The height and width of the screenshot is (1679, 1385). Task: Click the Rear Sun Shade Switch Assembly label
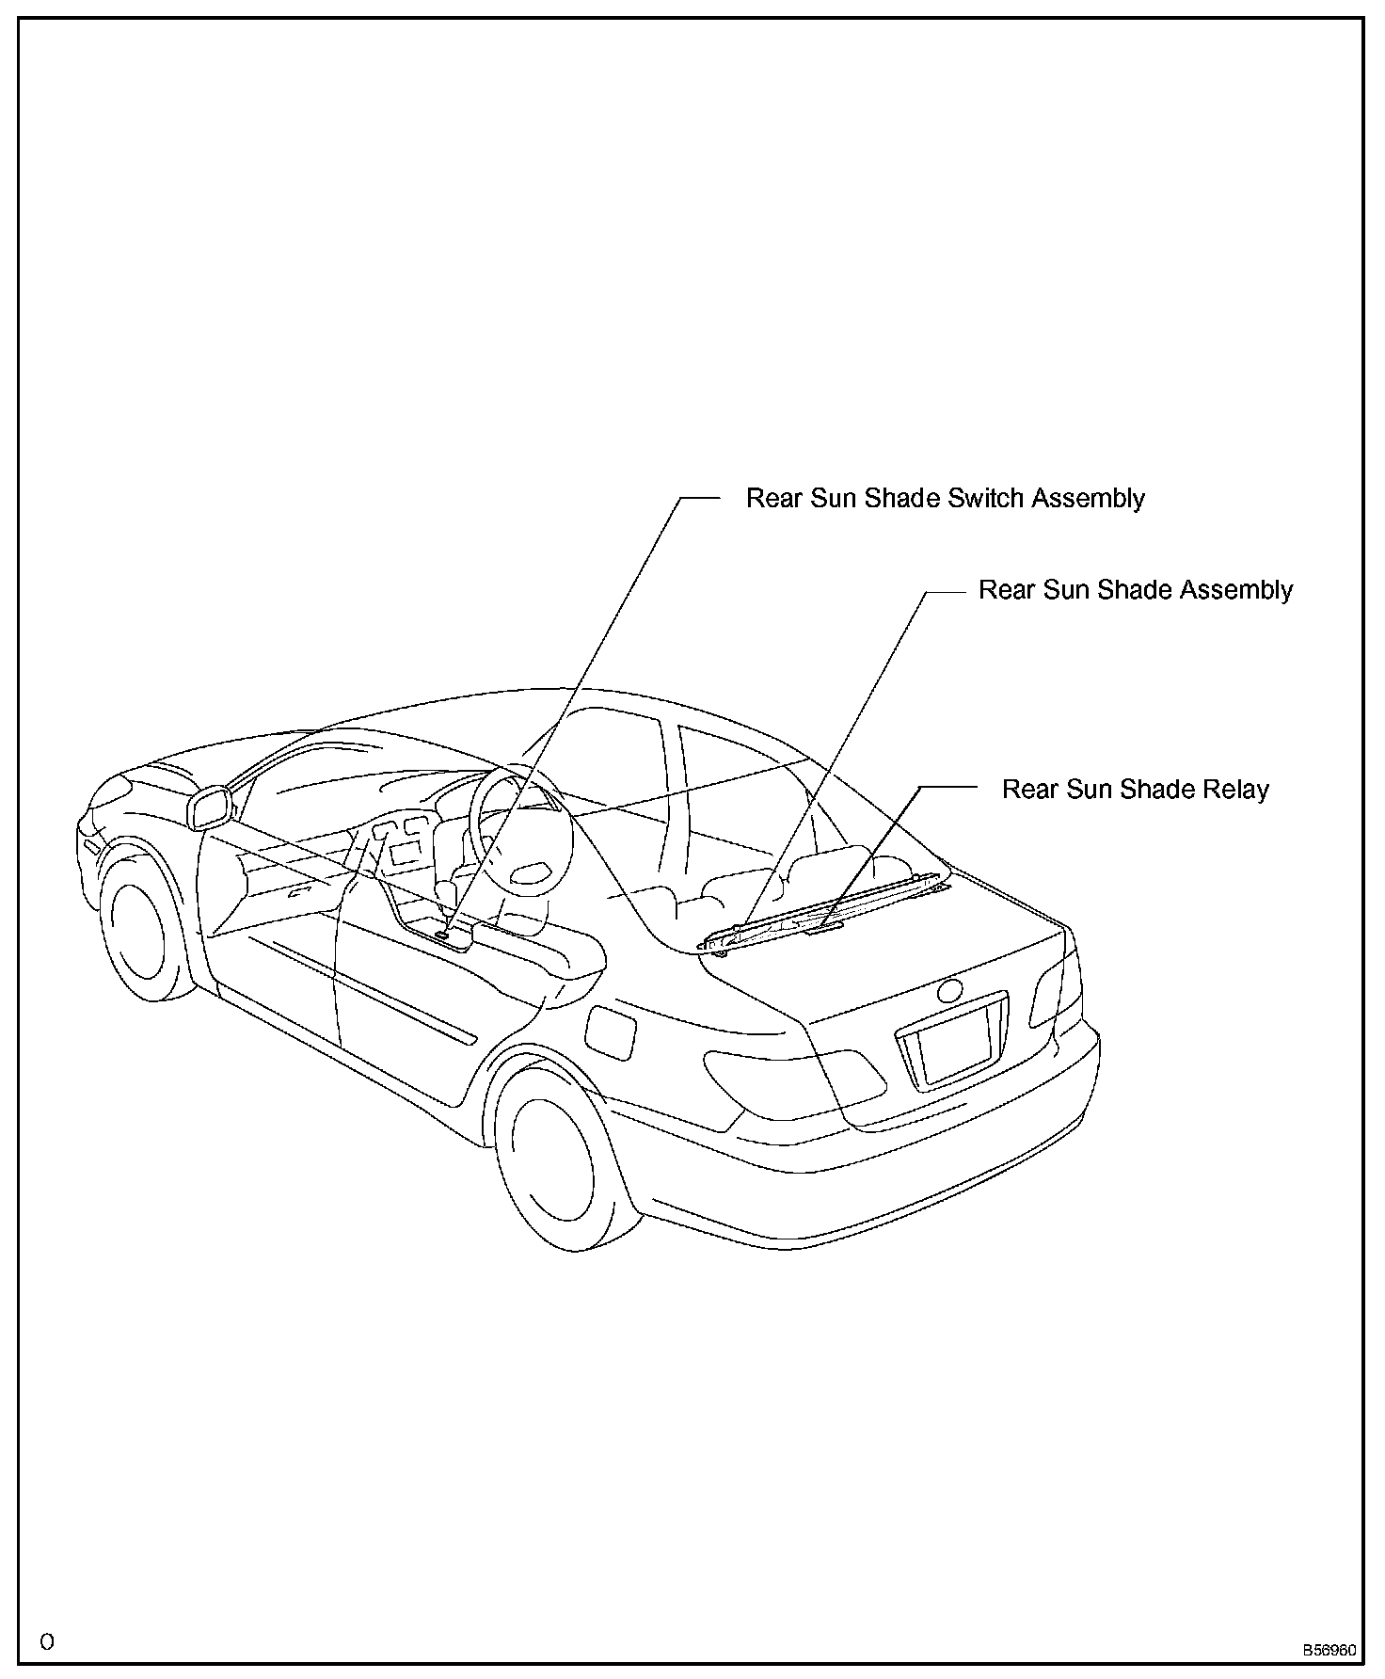(945, 498)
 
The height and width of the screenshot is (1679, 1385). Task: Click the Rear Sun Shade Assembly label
(1135, 590)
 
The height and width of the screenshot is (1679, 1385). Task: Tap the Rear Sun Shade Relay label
(1135, 789)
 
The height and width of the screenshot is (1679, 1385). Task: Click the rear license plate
(954, 1043)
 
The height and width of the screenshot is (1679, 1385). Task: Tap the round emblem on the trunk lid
(950, 990)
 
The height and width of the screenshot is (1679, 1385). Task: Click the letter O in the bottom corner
(47, 1642)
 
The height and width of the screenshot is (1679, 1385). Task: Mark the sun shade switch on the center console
(442, 935)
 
